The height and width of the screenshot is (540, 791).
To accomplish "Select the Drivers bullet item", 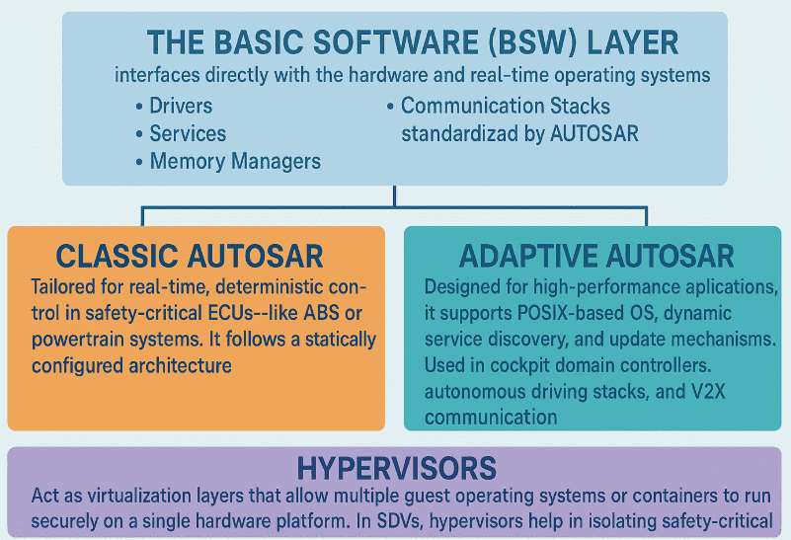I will pyautogui.click(x=181, y=106).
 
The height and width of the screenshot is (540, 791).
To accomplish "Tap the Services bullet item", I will pyautogui.click(x=188, y=133).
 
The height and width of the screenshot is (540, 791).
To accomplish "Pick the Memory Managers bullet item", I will pyautogui.click(x=235, y=161).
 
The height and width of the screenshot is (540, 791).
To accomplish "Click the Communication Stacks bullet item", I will pyautogui.click(x=506, y=106).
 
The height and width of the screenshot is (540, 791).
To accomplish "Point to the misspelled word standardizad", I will pyautogui.click(x=457, y=133).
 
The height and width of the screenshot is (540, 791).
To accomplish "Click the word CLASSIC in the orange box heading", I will pyautogui.click(x=117, y=257).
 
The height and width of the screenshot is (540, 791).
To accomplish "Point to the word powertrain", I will pyautogui.click(x=79, y=340).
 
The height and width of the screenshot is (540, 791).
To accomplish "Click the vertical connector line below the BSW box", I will pyautogui.click(x=395, y=195).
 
